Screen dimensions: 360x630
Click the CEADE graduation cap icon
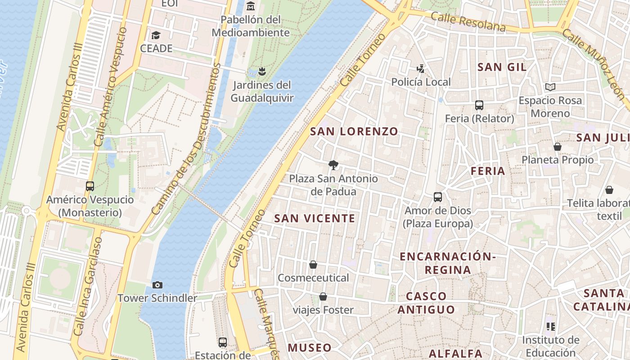pyautogui.click(x=156, y=35)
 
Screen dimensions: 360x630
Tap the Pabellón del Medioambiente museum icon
pyautogui.click(x=251, y=7)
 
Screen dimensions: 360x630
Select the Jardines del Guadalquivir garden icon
pyautogui.click(x=262, y=71)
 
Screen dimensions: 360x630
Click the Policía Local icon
pyautogui.click(x=420, y=69)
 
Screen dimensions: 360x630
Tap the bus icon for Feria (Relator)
pyautogui.click(x=479, y=105)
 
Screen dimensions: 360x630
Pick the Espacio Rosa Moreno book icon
pyautogui.click(x=550, y=87)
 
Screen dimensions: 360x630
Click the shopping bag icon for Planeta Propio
pyautogui.click(x=558, y=147)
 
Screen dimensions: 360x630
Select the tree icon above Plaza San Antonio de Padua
pyautogui.click(x=333, y=165)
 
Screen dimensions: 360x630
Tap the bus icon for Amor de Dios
pyautogui.click(x=438, y=197)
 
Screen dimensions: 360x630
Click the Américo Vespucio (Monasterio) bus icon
pyautogui.click(x=90, y=186)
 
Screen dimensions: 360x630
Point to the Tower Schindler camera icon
pyautogui.click(x=157, y=285)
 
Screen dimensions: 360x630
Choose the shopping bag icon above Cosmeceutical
pyautogui.click(x=313, y=265)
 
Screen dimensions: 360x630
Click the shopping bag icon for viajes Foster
pyautogui.click(x=323, y=297)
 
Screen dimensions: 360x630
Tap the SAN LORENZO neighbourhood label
pyautogui.click(x=354, y=131)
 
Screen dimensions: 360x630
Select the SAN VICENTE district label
pyautogui.click(x=315, y=218)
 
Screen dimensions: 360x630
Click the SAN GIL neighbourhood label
pyautogui.click(x=502, y=67)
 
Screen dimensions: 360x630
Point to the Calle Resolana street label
pyautogui.click(x=468, y=22)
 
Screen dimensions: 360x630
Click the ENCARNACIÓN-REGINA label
pyautogui.click(x=448, y=263)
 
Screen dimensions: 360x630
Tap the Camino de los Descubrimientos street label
pyautogui.click(x=186, y=139)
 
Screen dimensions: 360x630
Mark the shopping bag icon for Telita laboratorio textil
pyautogui.click(x=609, y=190)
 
